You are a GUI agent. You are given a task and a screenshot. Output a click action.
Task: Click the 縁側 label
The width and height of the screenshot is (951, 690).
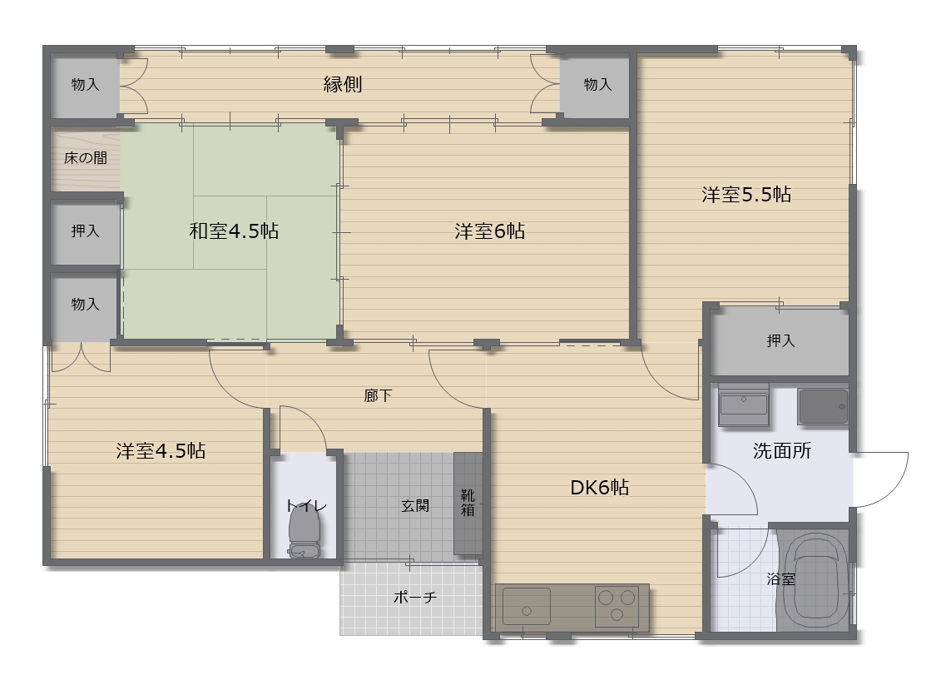(343, 84)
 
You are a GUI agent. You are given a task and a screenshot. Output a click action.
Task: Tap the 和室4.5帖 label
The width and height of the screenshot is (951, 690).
(234, 231)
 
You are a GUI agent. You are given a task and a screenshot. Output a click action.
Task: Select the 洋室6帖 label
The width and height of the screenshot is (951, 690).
(489, 231)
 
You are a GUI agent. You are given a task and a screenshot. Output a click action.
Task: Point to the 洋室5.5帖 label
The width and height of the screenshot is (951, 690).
(746, 194)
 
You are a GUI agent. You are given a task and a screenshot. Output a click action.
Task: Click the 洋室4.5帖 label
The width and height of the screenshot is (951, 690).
(161, 450)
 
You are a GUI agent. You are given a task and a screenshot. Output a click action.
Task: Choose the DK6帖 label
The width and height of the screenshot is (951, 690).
(599, 487)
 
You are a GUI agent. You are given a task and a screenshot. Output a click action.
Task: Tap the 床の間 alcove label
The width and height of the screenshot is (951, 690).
(86, 158)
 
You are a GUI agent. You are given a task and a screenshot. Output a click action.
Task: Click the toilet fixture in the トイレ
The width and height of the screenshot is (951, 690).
(305, 530)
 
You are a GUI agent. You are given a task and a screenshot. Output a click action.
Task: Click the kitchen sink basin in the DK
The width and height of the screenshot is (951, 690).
(527, 606)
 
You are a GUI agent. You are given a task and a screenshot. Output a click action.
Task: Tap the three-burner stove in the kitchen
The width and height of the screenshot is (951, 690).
(617, 606)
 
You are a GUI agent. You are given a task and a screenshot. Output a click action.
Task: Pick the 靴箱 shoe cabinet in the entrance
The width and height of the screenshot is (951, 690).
(468, 503)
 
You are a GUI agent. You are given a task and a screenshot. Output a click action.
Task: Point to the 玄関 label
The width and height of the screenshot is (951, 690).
(415, 505)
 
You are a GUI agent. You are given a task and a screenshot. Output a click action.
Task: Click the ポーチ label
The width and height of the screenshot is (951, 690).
(415, 597)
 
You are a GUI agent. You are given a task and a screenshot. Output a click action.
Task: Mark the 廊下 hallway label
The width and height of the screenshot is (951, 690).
(378, 395)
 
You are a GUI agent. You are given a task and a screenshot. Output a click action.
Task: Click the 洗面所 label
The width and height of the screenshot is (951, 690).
(782, 450)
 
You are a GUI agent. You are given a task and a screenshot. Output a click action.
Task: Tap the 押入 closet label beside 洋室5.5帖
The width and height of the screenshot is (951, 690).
(780, 340)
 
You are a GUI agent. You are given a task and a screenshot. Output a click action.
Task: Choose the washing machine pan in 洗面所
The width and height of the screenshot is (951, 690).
(823, 406)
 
